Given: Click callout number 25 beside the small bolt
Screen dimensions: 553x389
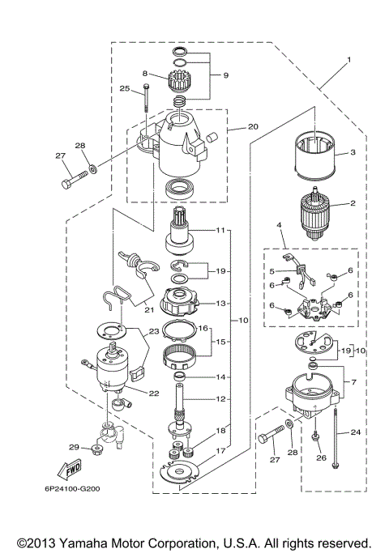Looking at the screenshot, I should point(125,88).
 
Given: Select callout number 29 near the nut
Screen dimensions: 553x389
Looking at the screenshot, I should point(74,447).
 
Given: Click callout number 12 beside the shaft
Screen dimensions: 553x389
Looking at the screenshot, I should point(220,398).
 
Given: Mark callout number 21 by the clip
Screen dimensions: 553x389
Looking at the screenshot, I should point(149,309).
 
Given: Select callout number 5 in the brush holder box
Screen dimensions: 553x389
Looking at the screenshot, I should point(272,271).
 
